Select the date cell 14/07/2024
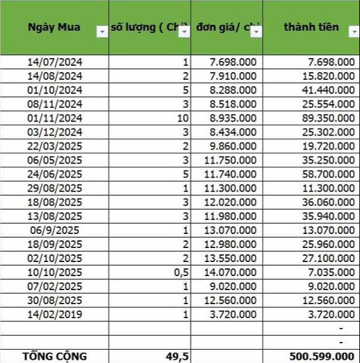[x=55, y=62]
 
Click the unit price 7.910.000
[x=233, y=75]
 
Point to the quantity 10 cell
[x=182, y=117]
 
